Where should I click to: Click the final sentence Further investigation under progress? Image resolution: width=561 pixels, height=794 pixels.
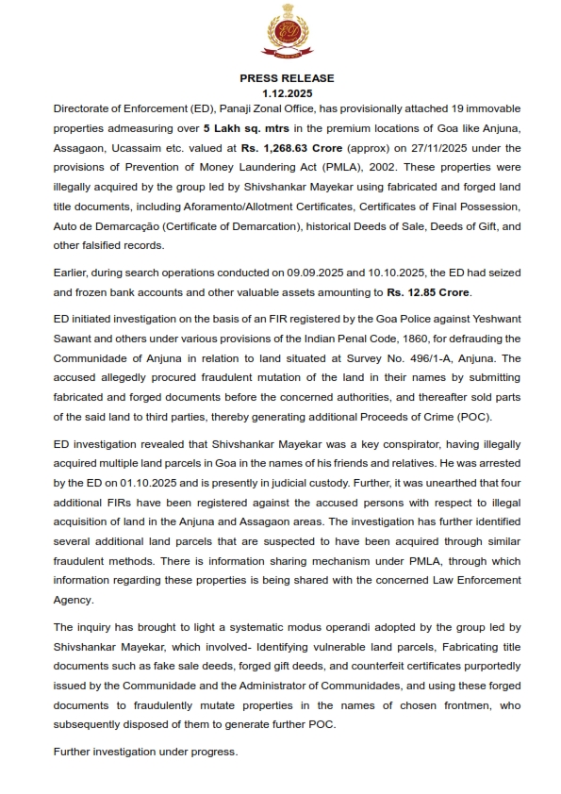point(146,752)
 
